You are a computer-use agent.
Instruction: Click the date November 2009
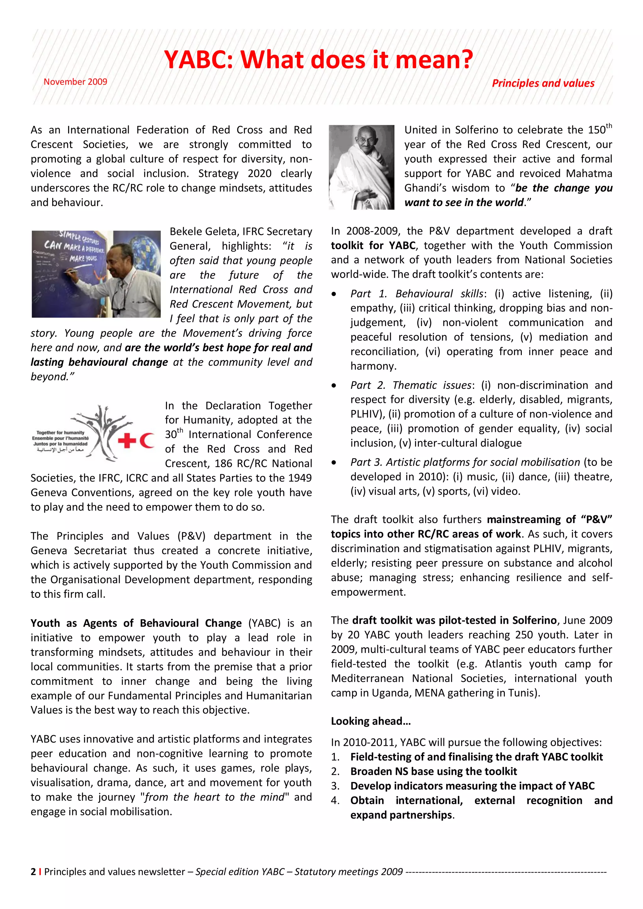pyautogui.click(x=75, y=82)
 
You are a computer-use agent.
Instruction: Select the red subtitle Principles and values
pyautogui.click(x=543, y=83)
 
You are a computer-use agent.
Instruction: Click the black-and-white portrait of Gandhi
pyautogui.click(x=361, y=167)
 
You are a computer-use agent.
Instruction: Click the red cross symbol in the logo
pyautogui.click(x=127, y=440)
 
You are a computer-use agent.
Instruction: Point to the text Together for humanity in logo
pyautogui.click(x=60, y=432)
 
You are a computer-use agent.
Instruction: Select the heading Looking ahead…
pyautogui.click(x=371, y=721)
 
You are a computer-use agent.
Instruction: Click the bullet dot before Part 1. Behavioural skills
pyautogui.click(x=334, y=294)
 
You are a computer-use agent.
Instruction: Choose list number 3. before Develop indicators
pyautogui.click(x=335, y=786)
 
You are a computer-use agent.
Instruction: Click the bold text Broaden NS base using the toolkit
pyautogui.click(x=433, y=771)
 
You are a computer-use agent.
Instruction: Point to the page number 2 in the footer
pyautogui.click(x=33, y=872)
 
